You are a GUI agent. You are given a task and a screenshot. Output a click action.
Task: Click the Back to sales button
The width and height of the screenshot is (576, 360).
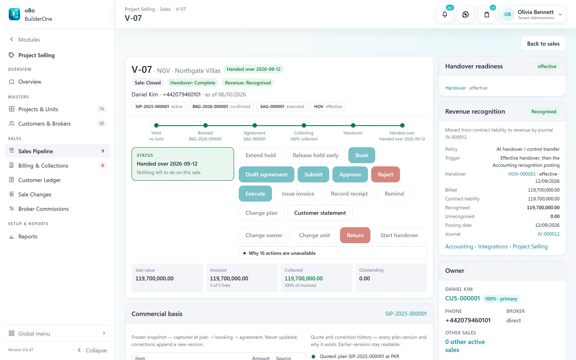pos(543,44)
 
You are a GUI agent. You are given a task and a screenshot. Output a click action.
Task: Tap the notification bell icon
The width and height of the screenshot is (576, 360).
pos(445,14)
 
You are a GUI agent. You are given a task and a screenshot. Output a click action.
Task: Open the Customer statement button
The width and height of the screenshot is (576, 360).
pos(320,213)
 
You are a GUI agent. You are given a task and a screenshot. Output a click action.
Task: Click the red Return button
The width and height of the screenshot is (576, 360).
pos(355,235)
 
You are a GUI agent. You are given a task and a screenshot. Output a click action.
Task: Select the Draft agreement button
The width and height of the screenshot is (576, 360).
pos(266,174)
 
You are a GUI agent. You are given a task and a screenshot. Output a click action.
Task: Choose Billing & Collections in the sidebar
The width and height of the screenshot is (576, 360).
pos(43,166)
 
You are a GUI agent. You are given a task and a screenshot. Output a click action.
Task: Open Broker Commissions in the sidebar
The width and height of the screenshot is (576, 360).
pos(44,209)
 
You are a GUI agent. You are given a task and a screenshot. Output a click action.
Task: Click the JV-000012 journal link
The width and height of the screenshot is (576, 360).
pos(548,234)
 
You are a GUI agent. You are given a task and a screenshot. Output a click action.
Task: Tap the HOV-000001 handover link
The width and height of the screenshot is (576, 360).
pos(522,174)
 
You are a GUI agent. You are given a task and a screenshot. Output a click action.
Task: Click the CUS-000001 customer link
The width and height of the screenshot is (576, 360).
pos(462,298)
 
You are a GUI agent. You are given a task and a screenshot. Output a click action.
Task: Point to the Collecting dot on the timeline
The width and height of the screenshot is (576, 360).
pos(304,126)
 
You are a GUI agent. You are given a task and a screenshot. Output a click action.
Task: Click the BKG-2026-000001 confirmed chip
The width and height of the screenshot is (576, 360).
pos(221,106)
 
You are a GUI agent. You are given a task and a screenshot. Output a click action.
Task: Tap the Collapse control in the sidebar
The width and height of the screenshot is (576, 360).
pos(92,350)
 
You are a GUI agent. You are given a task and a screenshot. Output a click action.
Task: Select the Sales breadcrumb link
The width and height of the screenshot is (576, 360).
pos(165,9)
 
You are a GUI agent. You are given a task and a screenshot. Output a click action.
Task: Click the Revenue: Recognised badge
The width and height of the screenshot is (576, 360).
pos(248,83)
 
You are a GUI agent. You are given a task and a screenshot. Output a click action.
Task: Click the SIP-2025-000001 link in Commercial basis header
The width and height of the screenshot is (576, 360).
pos(406,314)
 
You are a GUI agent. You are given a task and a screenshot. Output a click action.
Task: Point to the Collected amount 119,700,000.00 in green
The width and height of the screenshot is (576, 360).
pos(304,278)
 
